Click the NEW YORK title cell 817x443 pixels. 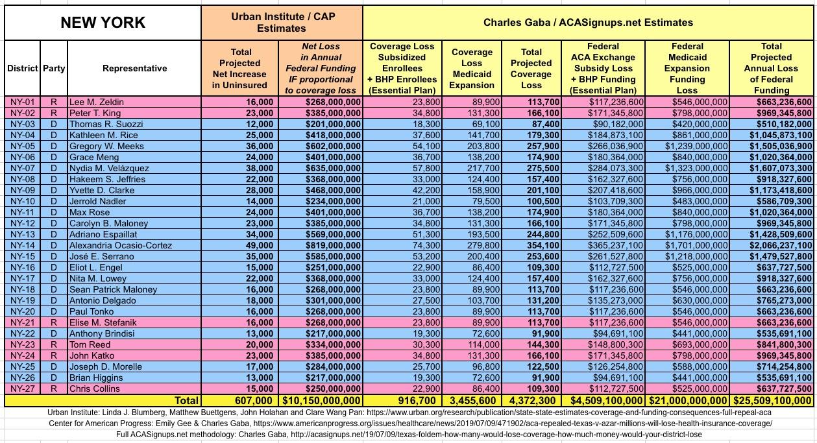pyautogui.click(x=103, y=23)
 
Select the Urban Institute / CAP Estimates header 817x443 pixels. pyautogui.click(x=282, y=23)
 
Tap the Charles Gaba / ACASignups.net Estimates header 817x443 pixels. pyautogui.click(x=588, y=23)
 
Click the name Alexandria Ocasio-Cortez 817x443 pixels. pyautogui.click(x=121, y=245)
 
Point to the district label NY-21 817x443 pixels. pyautogui.click(x=23, y=322)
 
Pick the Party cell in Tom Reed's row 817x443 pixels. pyautogui.click(x=55, y=344)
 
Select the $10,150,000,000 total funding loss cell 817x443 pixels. pyautogui.click(x=321, y=401)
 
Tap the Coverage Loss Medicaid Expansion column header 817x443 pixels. pyautogui.click(x=472, y=68)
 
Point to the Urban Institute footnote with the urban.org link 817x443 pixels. pyautogui.click(x=408, y=413)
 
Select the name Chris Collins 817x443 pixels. pyautogui.click(x=95, y=389)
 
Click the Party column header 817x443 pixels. pyautogui.click(x=55, y=68)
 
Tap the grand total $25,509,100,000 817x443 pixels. pyautogui.click(x=772, y=401)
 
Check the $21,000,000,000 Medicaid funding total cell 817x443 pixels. pyautogui.click(x=687, y=401)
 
